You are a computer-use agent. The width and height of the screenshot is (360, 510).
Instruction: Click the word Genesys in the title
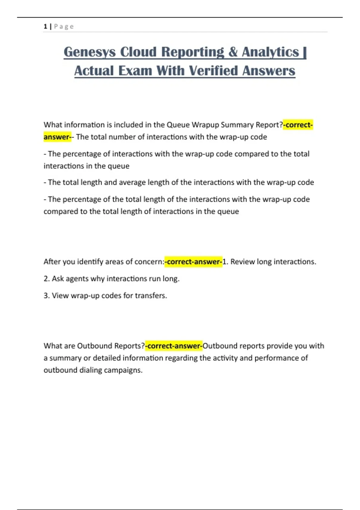[89, 52]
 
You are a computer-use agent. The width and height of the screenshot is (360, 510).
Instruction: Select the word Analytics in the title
[271, 52]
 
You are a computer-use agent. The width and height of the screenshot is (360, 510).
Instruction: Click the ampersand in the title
[233, 52]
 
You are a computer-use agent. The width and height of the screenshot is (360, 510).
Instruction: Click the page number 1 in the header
[45, 27]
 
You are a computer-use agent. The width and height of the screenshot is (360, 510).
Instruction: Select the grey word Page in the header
[64, 27]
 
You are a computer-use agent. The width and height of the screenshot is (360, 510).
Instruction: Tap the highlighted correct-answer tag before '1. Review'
[193, 262]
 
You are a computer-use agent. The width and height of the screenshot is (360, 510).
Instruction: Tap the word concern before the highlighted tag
[149, 262]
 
